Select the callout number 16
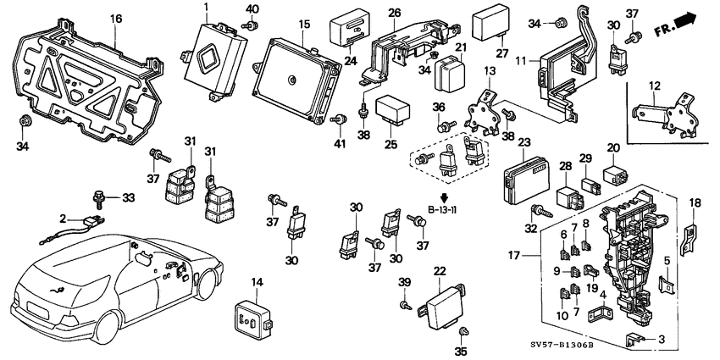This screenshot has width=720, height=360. coord(116,18)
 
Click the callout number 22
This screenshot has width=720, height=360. coord(439,270)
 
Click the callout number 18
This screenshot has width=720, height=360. coord(695,202)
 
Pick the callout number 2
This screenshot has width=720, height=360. coord(61,219)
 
